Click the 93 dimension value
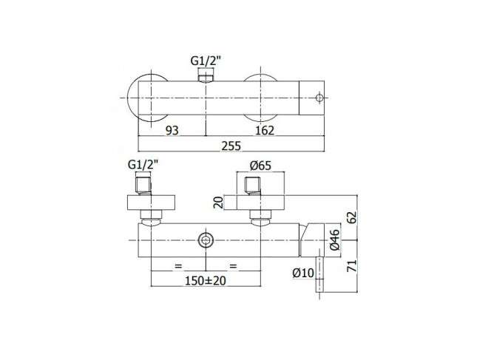tap(172, 130)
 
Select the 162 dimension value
tap(265, 130)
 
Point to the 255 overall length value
tap(231, 146)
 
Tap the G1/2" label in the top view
tap(206, 61)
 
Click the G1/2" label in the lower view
tap(143, 164)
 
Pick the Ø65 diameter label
tap(260, 166)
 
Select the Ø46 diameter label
tap(334, 240)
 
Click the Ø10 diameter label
tap(303, 273)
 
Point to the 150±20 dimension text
tap(206, 281)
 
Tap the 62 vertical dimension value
tap(353, 217)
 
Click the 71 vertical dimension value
tap(353, 266)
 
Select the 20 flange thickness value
tap(218, 203)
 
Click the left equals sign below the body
tap(178, 266)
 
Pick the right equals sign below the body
tap(233, 266)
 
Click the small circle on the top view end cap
tap(319, 98)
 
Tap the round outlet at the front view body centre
tap(206, 240)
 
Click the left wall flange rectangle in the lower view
tap(151, 203)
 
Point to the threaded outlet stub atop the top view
tap(206, 78)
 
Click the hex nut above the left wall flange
tap(143, 186)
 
